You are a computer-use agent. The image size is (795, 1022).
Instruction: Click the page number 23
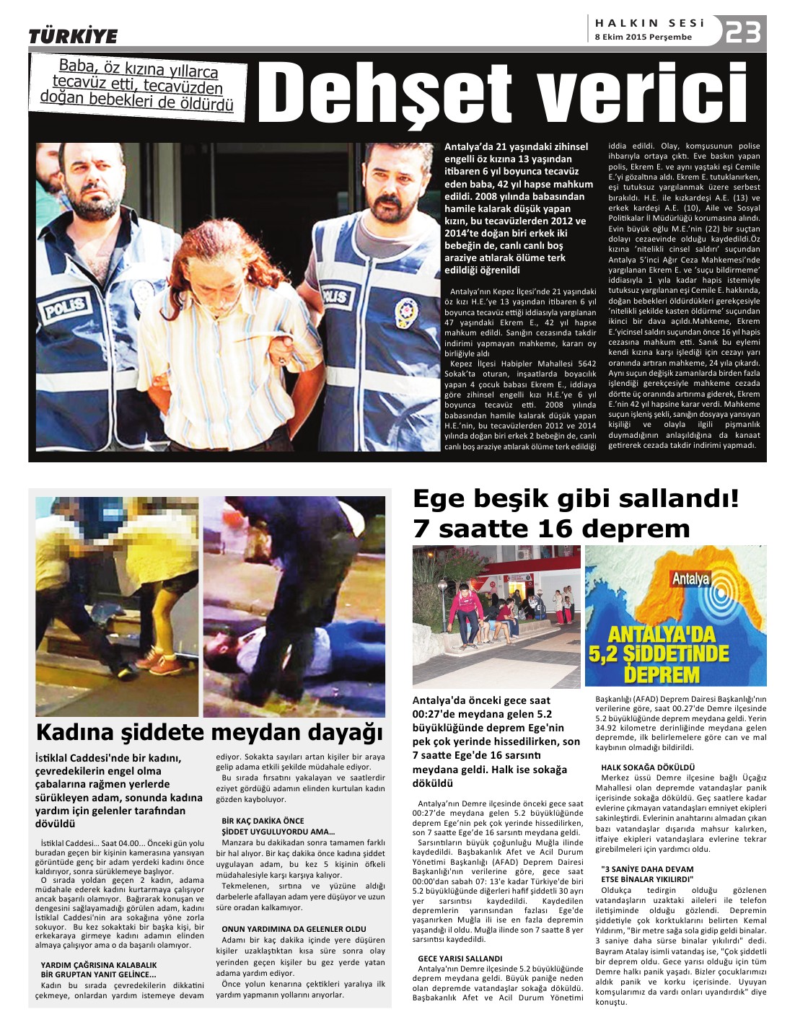tap(743, 32)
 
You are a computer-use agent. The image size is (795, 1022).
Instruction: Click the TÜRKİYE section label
tap(73, 36)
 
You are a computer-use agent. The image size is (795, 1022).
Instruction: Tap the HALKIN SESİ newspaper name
tap(649, 23)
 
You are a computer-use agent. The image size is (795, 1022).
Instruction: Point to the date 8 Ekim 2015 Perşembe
tap(643, 37)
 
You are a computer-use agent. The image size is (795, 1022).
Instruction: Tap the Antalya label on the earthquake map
tap(690, 578)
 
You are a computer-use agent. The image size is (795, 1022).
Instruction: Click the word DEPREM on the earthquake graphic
tap(662, 674)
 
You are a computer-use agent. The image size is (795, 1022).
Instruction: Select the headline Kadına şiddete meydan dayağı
tap(209, 732)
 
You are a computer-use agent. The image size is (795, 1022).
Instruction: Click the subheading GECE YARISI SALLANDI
tap(460, 959)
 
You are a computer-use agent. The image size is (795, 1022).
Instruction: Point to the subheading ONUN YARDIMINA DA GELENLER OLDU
tap(294, 929)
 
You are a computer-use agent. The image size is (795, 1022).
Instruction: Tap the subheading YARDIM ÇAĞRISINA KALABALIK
tap(98, 964)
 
